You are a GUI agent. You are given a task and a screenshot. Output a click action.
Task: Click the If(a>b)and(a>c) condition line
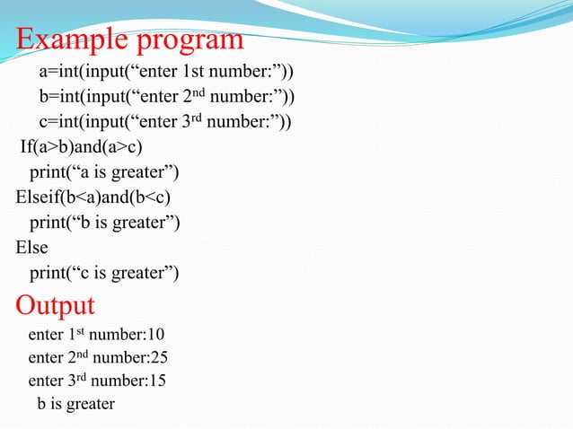pyautogui.click(x=80, y=147)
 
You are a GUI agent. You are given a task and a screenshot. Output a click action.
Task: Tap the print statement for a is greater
pyautogui.click(x=104, y=172)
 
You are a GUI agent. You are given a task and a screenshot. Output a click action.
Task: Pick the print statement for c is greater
pyautogui.click(x=104, y=273)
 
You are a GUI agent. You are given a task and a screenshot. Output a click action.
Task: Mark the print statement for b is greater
pyautogui.click(x=104, y=223)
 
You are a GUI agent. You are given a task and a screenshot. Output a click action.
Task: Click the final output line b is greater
pyautogui.click(x=75, y=404)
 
